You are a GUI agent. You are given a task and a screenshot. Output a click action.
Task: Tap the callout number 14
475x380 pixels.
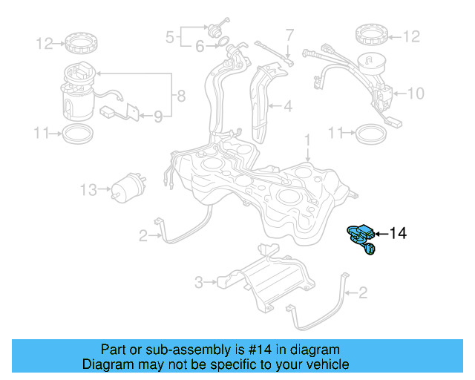tap(398, 234)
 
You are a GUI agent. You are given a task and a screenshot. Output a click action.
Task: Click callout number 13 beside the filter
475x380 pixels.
tap(88, 191)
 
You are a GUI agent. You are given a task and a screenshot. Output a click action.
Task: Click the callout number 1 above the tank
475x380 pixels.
tap(306, 139)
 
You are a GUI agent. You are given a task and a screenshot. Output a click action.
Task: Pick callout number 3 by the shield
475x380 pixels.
tap(198, 282)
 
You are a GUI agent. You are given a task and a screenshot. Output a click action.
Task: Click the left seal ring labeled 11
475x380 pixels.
tap(76, 134)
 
